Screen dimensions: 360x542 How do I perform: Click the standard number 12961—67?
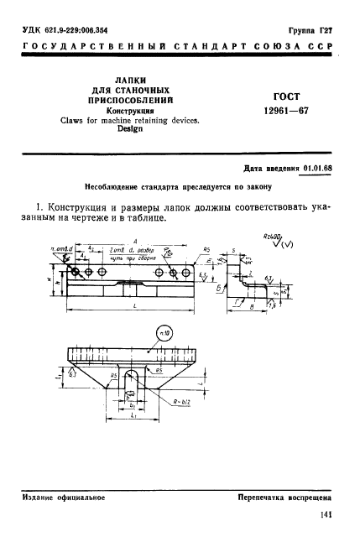(288, 110)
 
